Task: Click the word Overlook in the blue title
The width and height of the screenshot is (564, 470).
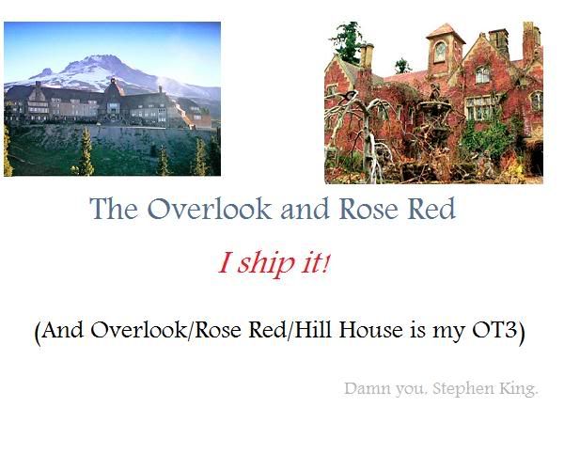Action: coord(210,209)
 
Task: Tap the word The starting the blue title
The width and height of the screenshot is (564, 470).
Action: coord(114,209)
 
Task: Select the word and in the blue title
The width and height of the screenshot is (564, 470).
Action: coord(305,209)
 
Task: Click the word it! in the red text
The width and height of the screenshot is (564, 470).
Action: coord(316,262)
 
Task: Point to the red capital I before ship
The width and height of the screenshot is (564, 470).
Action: coord(225,262)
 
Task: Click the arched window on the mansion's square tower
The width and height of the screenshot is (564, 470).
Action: coord(440,52)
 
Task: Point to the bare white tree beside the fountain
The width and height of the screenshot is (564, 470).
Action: coord(363,133)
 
